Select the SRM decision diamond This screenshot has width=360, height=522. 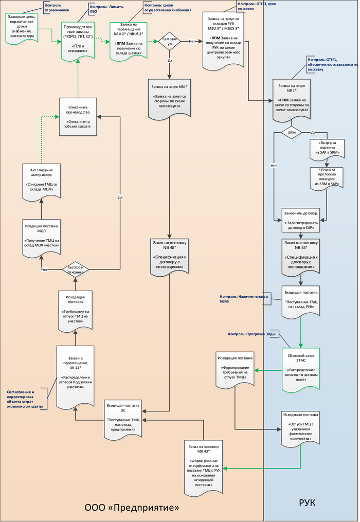[292, 132]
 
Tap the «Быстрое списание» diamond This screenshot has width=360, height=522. [76, 269]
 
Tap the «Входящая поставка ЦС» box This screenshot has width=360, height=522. [123, 419]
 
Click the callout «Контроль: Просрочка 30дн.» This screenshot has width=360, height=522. [252, 335]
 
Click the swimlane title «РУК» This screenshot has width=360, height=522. [308, 502]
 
